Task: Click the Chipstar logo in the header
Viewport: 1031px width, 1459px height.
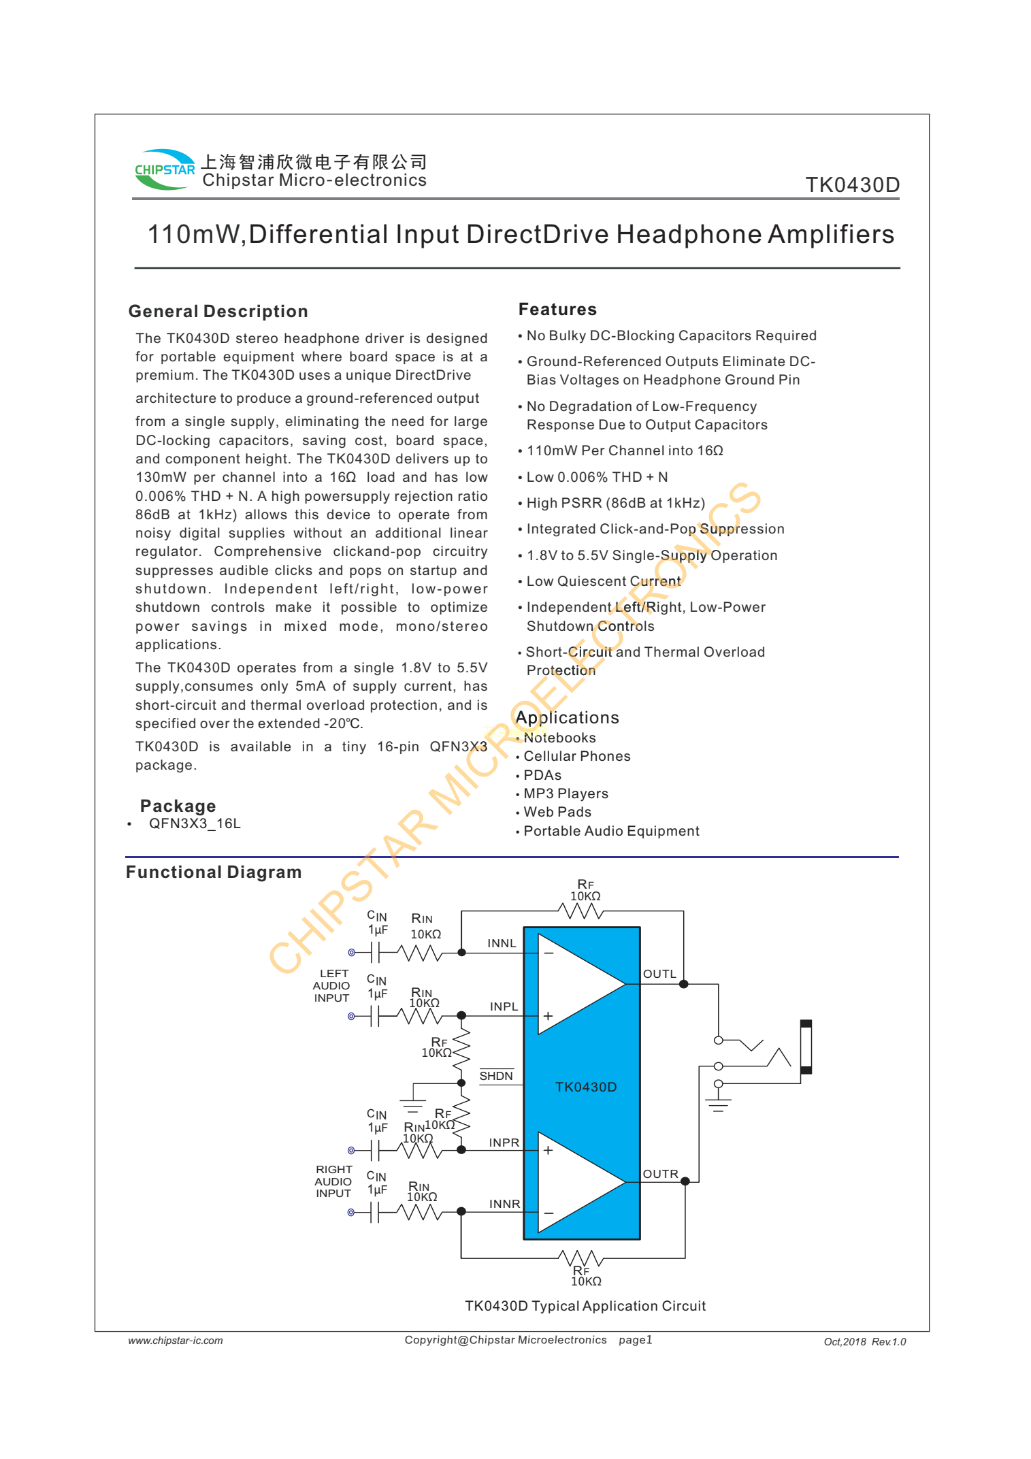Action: tap(165, 169)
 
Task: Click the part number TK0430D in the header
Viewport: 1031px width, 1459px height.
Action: tap(852, 185)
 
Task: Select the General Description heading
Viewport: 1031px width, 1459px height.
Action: tap(218, 312)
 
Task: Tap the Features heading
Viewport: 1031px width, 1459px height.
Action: tap(557, 310)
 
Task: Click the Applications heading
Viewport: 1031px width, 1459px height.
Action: tap(568, 718)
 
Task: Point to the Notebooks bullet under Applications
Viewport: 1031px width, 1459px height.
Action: tap(559, 738)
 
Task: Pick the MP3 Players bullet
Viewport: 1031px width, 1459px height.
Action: tap(566, 793)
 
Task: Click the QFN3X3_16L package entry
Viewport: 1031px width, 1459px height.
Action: tap(195, 823)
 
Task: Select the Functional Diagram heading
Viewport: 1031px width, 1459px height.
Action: tap(214, 872)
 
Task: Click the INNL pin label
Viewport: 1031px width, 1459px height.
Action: tap(502, 943)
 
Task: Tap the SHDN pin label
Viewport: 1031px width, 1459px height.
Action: tap(496, 1076)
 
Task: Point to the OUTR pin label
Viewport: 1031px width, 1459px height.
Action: tap(660, 1174)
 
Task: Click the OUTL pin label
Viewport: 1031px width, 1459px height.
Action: tap(659, 974)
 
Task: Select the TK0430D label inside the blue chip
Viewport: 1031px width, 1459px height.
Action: tap(586, 1087)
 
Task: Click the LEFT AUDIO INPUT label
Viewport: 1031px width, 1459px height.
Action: tap(331, 986)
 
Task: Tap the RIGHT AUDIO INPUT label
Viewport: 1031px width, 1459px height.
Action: tap(333, 1181)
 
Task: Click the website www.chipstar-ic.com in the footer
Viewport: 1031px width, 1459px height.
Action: tap(176, 1341)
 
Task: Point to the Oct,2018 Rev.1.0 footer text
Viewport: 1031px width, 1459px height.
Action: tap(864, 1342)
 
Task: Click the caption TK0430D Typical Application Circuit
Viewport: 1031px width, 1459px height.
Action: tap(585, 1306)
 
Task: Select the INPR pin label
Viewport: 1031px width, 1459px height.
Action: tap(504, 1143)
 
